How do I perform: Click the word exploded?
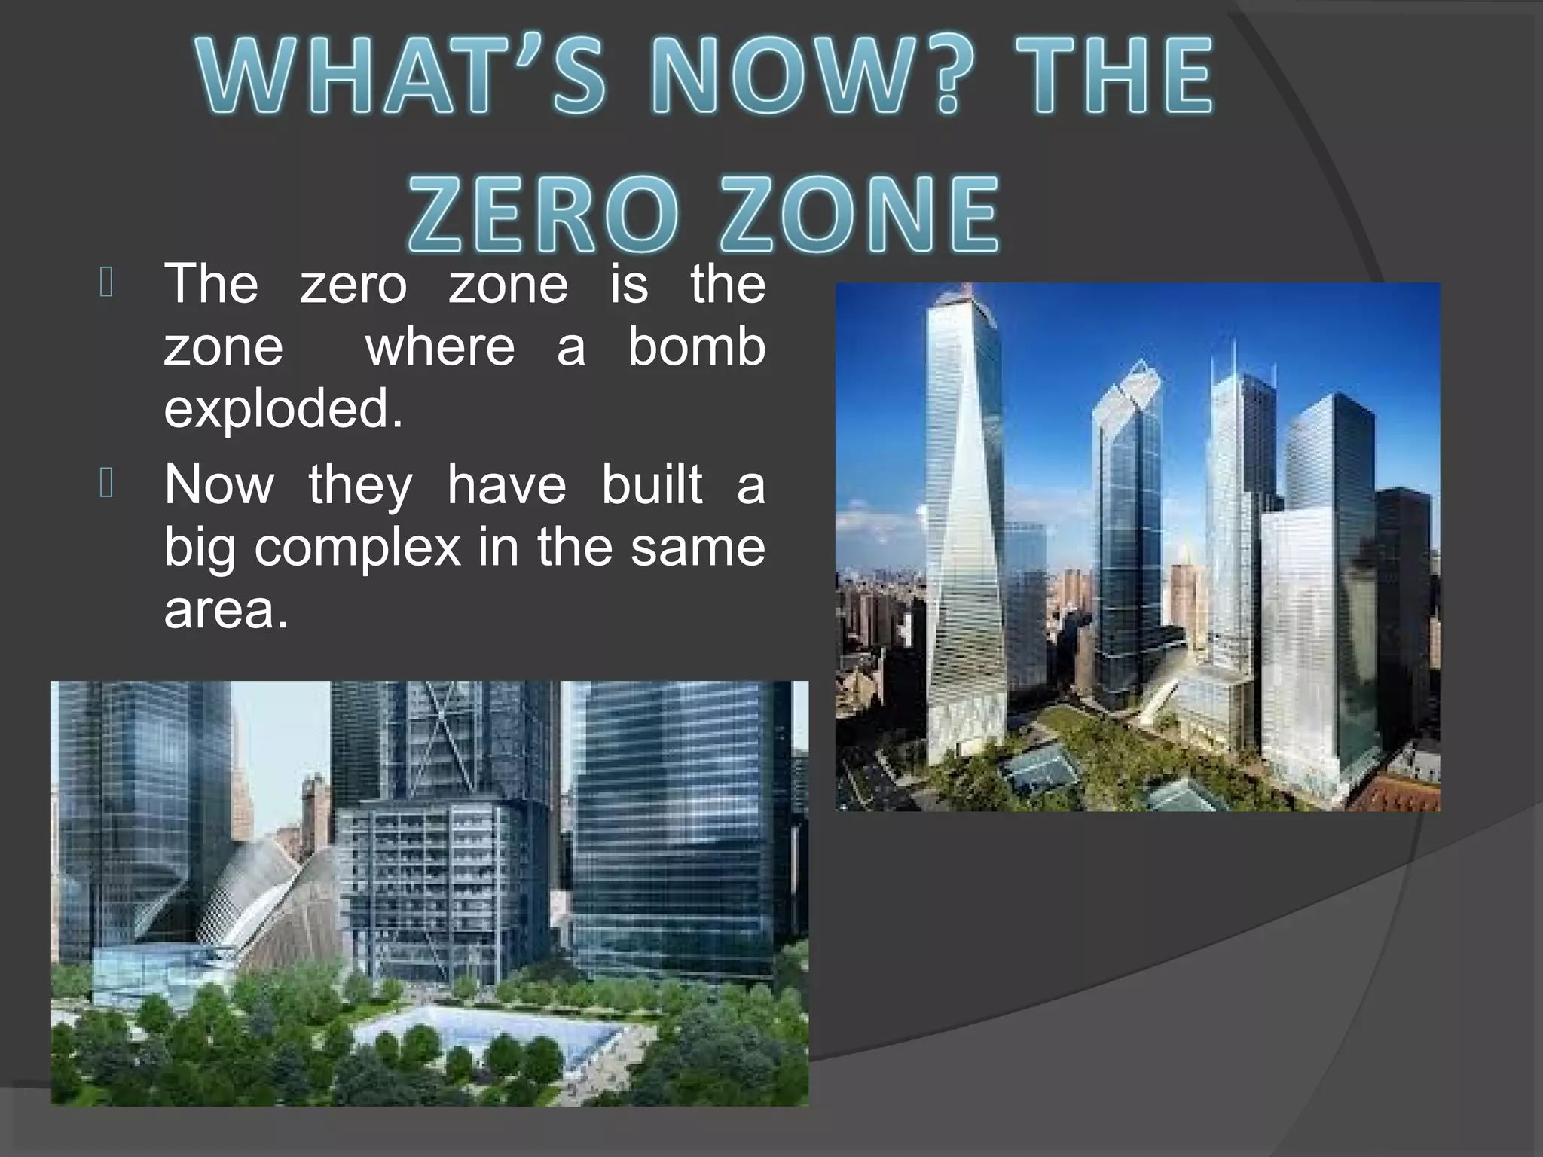(x=283, y=409)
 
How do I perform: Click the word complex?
(x=357, y=547)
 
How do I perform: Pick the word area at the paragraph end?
(x=225, y=609)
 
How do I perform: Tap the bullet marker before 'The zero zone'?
(x=105, y=284)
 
